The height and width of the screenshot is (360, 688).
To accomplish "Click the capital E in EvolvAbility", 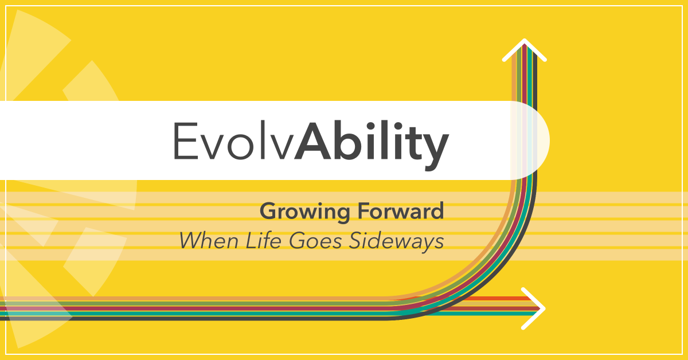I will [184, 141].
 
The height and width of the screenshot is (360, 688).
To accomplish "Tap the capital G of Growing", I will [267, 212].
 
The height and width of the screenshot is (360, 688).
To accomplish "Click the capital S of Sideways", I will [351, 241].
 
